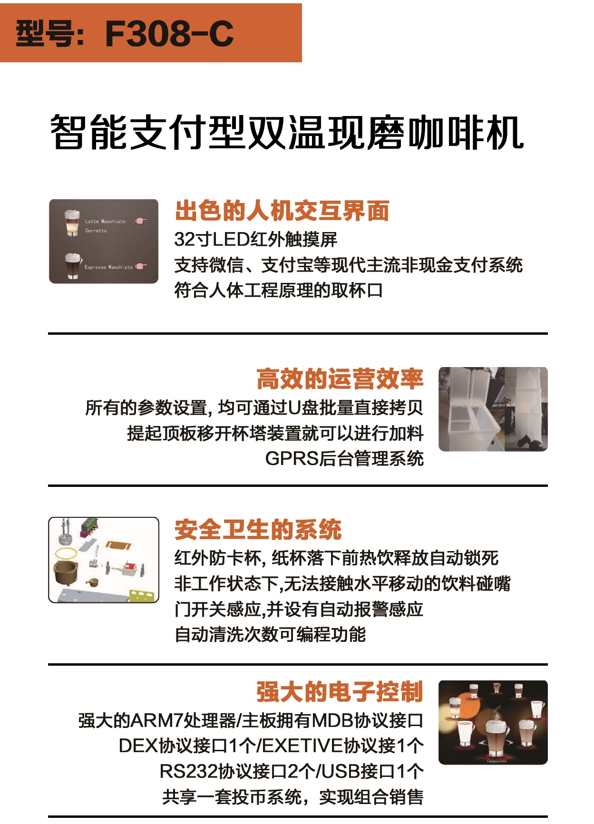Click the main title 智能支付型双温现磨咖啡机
tap(287, 132)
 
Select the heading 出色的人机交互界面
tap(282, 211)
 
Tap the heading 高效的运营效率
tap(340, 379)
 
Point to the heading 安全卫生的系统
tap(258, 529)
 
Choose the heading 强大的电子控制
tap(340, 692)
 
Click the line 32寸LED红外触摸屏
tap(255, 239)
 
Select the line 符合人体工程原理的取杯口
tap(278, 290)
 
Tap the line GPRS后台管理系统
tap(344, 459)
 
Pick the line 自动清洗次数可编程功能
tap(270, 634)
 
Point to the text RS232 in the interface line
tap(188, 771)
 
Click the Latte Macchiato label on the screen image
tap(105, 222)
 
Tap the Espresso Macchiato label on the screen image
tap(108, 267)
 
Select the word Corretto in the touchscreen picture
tap(96, 231)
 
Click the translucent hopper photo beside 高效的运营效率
tap(493, 409)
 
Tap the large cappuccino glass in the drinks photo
tap(496, 735)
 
